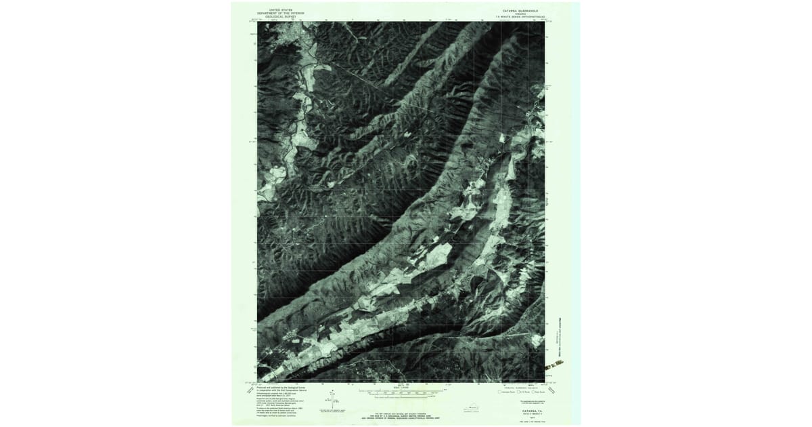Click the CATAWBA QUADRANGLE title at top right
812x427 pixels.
[x=518, y=11]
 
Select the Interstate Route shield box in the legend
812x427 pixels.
[x=500, y=392]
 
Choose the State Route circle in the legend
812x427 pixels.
[x=531, y=392]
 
